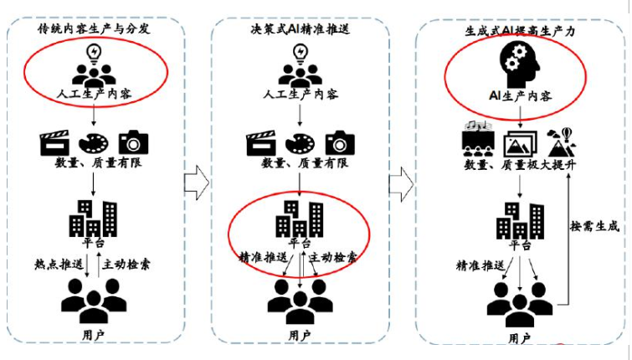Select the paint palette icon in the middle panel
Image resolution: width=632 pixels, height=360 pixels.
point(300,141)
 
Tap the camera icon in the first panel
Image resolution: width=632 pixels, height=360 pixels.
point(134,141)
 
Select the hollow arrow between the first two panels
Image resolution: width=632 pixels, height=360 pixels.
point(195,177)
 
